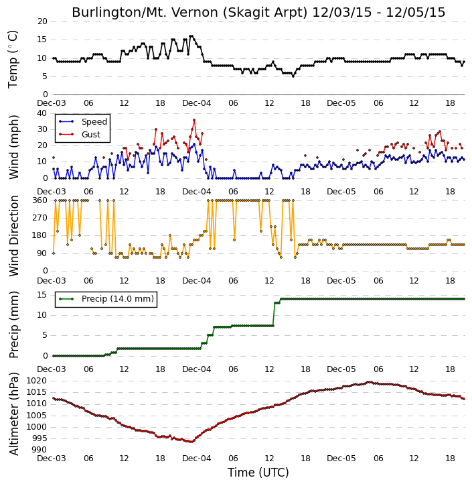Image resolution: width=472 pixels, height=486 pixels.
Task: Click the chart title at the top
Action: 258,12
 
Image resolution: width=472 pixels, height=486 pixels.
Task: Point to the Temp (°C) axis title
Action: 13,59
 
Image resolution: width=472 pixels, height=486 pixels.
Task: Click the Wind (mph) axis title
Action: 13,147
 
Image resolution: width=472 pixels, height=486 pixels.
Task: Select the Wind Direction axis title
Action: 13,236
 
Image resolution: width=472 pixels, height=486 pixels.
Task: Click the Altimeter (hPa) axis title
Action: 13,414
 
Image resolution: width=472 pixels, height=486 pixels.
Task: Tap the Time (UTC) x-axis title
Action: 258,473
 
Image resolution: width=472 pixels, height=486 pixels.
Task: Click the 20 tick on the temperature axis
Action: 42,21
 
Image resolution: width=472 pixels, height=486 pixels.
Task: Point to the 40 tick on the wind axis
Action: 42,113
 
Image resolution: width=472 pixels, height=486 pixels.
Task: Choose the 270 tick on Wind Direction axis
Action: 40,218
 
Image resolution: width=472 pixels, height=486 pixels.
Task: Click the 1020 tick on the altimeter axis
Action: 36,381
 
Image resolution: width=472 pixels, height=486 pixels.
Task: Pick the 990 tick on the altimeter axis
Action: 40,450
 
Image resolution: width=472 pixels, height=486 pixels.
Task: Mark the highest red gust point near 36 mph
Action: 194,120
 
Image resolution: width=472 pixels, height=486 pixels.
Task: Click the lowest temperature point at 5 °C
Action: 293,76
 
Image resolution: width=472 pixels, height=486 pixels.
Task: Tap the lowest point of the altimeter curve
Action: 192,442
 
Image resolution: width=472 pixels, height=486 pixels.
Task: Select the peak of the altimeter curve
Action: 368,382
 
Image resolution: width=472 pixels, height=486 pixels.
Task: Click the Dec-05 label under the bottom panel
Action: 341,459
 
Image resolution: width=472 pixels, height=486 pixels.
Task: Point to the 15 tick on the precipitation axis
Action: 42,295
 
